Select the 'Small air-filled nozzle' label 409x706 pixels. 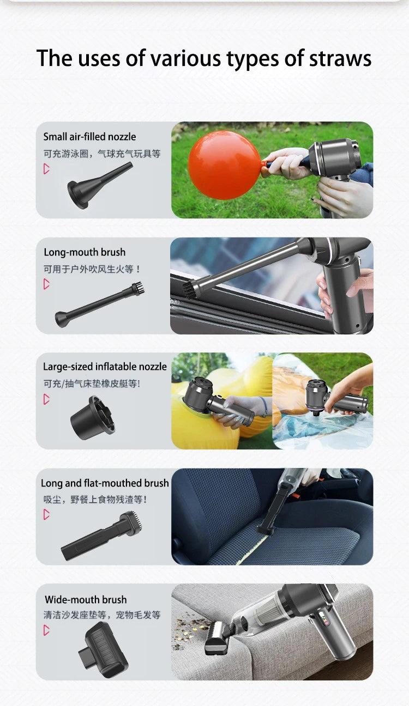pyautogui.click(x=89, y=137)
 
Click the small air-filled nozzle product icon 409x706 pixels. pyautogui.click(x=98, y=186)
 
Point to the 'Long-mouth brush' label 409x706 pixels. pyautogui.click(x=85, y=252)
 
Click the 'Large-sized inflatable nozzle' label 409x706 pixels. pyautogui.click(x=105, y=367)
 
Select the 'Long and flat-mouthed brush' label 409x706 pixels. pyautogui.click(x=105, y=483)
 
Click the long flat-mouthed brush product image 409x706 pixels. pyautogui.click(x=102, y=537)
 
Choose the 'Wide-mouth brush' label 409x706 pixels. pyautogui.click(x=86, y=600)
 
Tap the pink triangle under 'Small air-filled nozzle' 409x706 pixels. pyautogui.click(x=47, y=169)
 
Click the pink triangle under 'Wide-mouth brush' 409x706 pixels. pyautogui.click(x=47, y=630)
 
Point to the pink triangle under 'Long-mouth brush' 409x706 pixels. pyautogui.click(x=47, y=284)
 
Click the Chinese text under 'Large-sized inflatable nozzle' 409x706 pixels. pyautogui.click(x=92, y=384)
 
